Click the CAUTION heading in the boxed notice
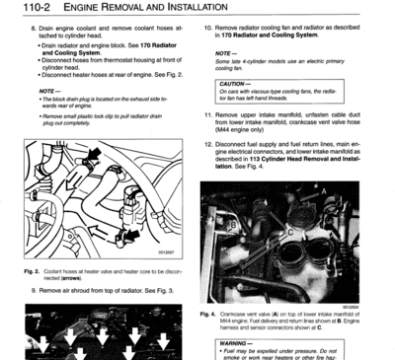tap(234, 84)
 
